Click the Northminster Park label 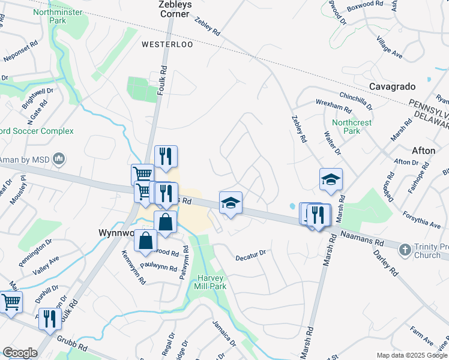(58, 16)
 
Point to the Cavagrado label (393, 86)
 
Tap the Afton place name (424, 151)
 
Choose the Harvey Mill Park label (210, 282)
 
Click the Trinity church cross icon (405, 249)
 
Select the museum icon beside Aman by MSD (59, 159)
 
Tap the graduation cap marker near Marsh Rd (331, 179)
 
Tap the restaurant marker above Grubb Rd (49, 318)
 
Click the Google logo (20, 353)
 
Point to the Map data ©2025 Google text (412, 355)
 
